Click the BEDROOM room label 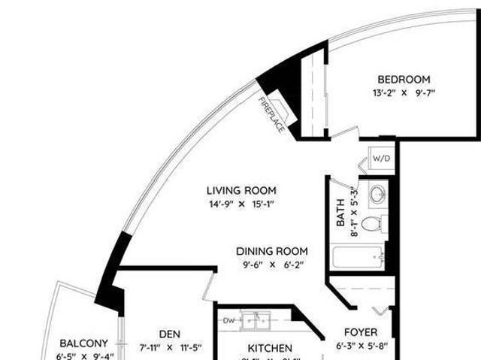tap(404, 80)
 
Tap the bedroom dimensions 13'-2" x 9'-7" tap(404, 93)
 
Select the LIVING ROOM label tap(241, 190)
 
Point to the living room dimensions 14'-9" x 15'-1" tap(241, 204)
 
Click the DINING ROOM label tap(271, 251)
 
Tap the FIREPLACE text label tap(271, 115)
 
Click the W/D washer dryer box tap(382, 159)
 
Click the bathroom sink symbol tap(377, 192)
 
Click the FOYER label tap(361, 332)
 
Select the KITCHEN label tap(270, 348)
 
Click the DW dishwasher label tap(228, 319)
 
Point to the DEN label tap(170, 334)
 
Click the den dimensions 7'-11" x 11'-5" tap(170, 347)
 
